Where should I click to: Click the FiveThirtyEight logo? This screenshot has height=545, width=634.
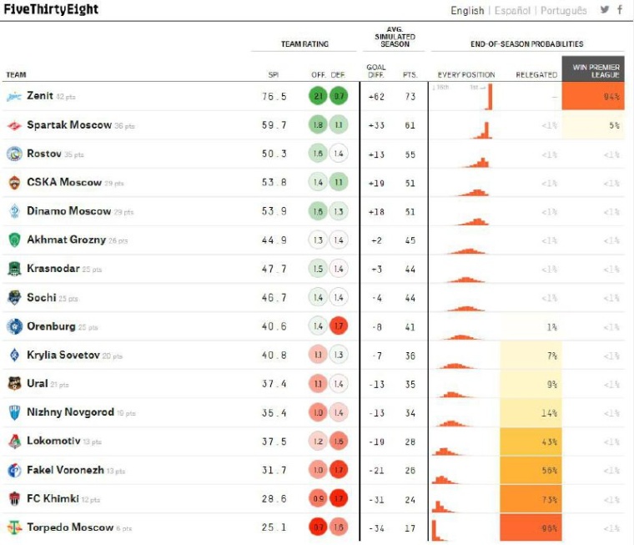click(52, 10)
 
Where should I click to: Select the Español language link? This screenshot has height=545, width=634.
click(512, 11)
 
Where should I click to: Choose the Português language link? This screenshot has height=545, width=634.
click(563, 11)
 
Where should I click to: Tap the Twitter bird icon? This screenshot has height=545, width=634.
click(605, 10)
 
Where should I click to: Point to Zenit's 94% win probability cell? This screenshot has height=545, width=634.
click(593, 97)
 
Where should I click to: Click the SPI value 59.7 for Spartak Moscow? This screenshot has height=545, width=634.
click(274, 125)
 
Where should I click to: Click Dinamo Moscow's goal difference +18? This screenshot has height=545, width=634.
click(375, 211)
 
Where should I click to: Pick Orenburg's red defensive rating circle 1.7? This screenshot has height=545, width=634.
click(338, 326)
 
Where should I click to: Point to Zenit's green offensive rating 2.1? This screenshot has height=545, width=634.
click(319, 97)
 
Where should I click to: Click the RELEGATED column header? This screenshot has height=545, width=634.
click(536, 75)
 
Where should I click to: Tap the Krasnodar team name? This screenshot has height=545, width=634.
click(53, 269)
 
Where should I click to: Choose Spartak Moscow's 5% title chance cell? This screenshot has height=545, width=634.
click(593, 125)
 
